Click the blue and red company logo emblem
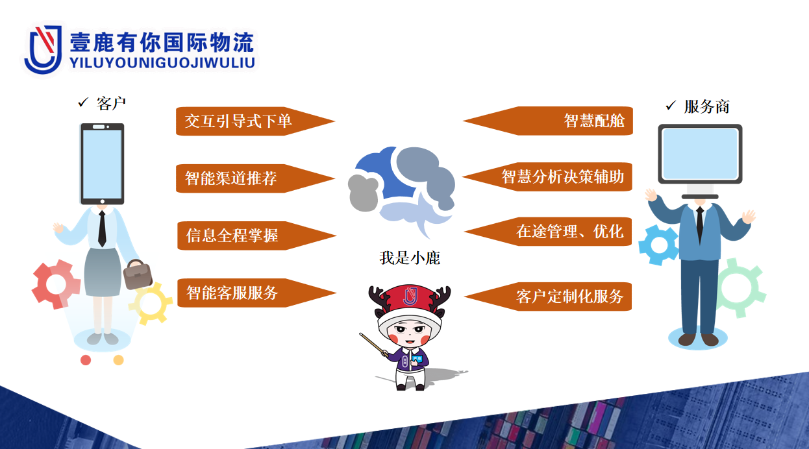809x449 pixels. pyautogui.click(x=43, y=49)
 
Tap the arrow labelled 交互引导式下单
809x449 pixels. pyautogui.click(x=255, y=121)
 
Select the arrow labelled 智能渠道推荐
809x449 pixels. pyautogui.click(x=255, y=178)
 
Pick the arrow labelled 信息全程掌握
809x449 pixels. pyautogui.click(x=256, y=236)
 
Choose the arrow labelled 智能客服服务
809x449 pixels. pyautogui.click(x=256, y=293)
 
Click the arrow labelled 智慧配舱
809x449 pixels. pyautogui.click(x=548, y=121)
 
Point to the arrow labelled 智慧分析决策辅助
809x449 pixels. pyautogui.click(x=547, y=177)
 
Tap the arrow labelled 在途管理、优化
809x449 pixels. pyautogui.click(x=548, y=232)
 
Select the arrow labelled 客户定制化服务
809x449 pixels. pyautogui.click(x=548, y=297)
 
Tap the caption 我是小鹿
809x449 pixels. pyautogui.click(x=410, y=258)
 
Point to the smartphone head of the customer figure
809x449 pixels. pyautogui.click(x=102, y=164)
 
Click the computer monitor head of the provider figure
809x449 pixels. pyautogui.click(x=700, y=154)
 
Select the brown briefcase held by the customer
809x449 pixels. pyautogui.click(x=137, y=274)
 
